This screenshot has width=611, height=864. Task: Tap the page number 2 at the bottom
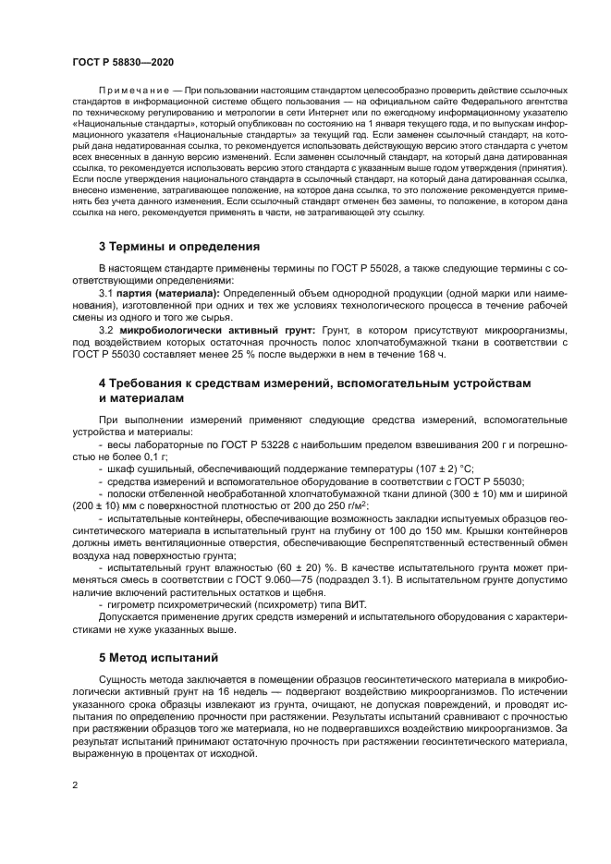coord(74,785)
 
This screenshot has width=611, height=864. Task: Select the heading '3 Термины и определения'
coord(179,247)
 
